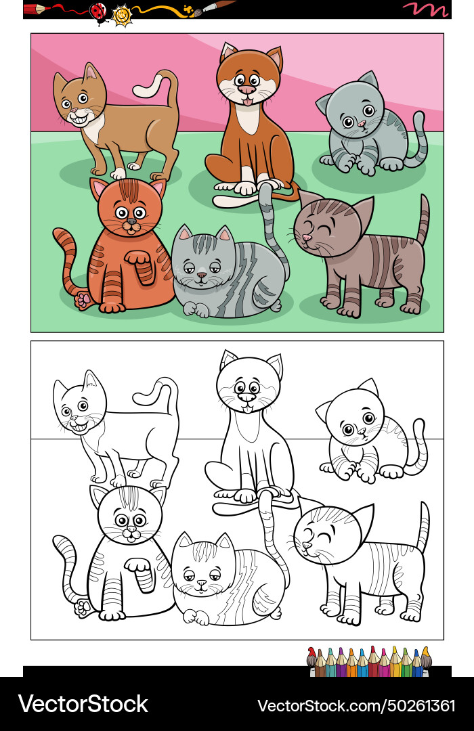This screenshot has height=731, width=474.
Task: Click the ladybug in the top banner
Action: point(99,12)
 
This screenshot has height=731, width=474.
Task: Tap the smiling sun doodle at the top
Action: point(122,14)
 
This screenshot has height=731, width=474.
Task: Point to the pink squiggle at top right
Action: point(426,9)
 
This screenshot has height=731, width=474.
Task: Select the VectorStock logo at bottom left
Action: point(83,704)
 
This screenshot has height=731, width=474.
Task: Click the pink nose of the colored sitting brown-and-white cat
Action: point(247,89)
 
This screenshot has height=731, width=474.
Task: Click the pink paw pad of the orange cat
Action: point(83,298)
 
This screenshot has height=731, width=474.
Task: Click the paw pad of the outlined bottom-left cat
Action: point(83,605)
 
